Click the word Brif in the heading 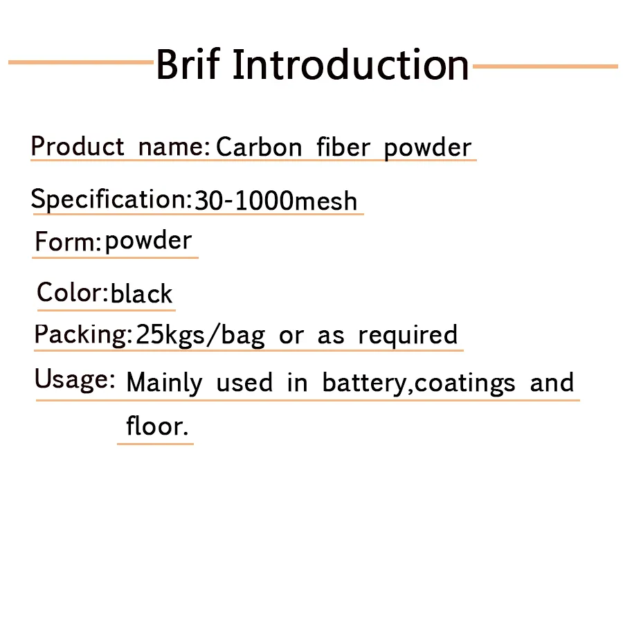pyautogui.click(x=188, y=64)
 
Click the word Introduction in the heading pyautogui.click(x=351, y=64)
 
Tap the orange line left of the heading pyautogui.click(x=81, y=62)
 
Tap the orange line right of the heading pyautogui.click(x=545, y=66)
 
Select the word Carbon pyautogui.click(x=259, y=147)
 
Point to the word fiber pyautogui.click(x=343, y=147)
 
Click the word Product pyautogui.click(x=78, y=146)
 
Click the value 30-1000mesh pyautogui.click(x=276, y=200)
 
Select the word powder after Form pyautogui.click(x=148, y=241)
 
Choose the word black pyautogui.click(x=141, y=294)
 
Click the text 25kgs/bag pyautogui.click(x=200, y=335)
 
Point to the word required pyautogui.click(x=408, y=335)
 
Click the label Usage pyautogui.click(x=74, y=379)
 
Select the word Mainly pyautogui.click(x=164, y=383)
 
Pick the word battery pyautogui.click(x=364, y=383)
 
